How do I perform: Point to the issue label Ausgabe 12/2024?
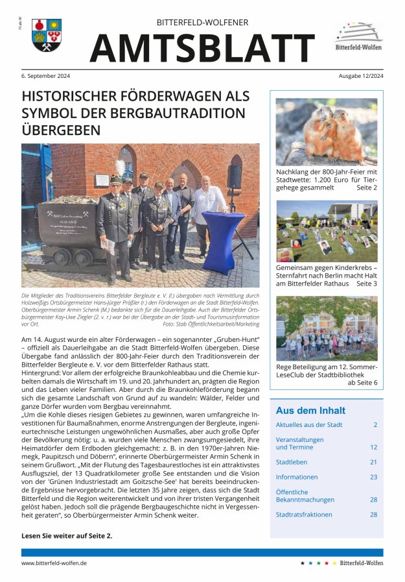coord(360,76)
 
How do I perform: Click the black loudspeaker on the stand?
coord(234,176)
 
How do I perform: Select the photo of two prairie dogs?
coord(326,132)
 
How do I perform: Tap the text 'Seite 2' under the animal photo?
coord(366,188)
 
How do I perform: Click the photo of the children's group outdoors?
coord(326,328)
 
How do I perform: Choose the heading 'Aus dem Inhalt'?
coord(310,411)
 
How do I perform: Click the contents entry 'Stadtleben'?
coord(292,462)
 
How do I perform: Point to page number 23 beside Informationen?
coord(373,477)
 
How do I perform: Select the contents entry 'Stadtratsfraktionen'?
coord(304,515)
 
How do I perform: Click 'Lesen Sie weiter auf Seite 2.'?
coord(67,535)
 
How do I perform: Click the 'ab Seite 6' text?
coord(362,383)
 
